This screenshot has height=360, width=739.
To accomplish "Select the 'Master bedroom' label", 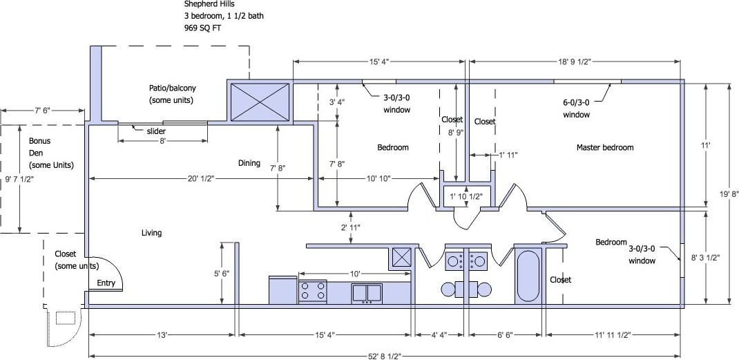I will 604,147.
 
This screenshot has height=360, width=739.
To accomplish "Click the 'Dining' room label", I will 249,163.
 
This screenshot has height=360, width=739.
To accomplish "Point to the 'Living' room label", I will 151,233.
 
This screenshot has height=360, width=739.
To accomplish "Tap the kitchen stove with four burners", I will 312,290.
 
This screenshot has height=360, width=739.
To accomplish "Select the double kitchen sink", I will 367,293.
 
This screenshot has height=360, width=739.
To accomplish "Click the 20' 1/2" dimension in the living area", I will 200,179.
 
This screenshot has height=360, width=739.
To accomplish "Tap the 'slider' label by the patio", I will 155,131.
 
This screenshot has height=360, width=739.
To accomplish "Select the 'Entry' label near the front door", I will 106,283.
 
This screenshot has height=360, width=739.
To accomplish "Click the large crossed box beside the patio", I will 260,102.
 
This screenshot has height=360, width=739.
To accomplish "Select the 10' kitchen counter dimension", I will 355,273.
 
